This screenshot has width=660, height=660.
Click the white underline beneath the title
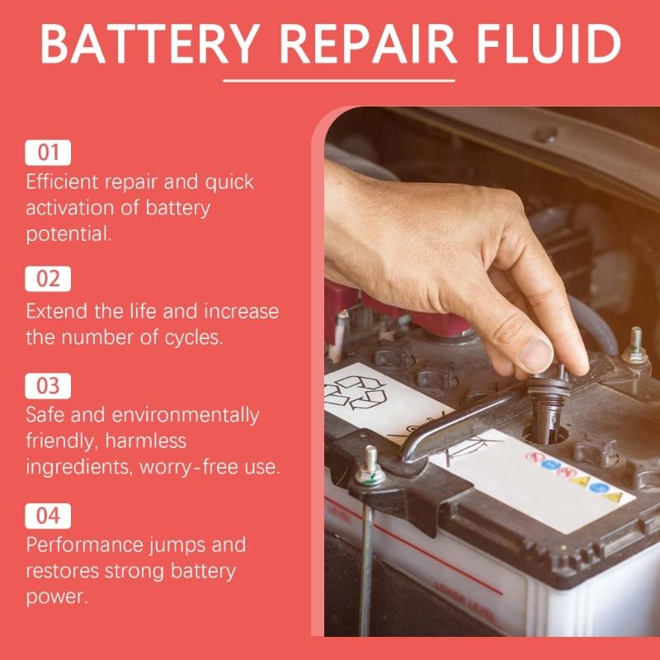point(339,81)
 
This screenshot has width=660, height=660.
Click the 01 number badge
point(49,153)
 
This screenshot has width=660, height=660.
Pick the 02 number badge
point(49,279)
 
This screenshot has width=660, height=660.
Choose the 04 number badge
point(49,516)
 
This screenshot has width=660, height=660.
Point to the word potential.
point(68,233)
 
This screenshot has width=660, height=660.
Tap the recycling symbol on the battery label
point(356,392)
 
